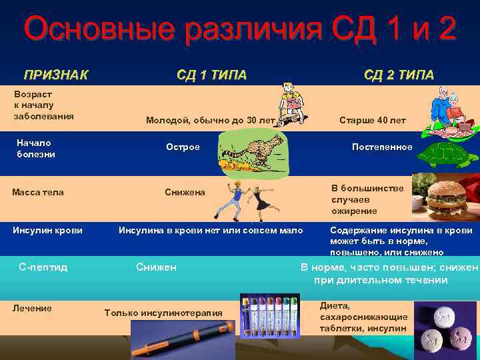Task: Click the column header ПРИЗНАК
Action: tap(56, 74)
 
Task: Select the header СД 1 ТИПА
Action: tap(211, 74)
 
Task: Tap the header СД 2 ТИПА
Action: tap(399, 74)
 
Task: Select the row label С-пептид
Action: tap(43, 267)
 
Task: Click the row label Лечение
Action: tap(32, 307)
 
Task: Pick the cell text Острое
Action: tap(183, 147)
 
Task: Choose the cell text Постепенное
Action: tap(382, 147)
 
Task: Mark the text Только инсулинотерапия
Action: tap(163, 313)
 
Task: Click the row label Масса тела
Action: tap(38, 192)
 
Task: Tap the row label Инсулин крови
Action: tap(47, 230)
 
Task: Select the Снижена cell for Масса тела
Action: tap(185, 192)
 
